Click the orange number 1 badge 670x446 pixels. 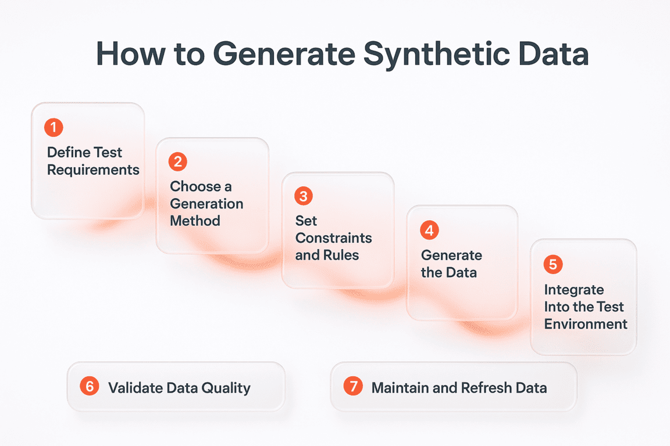coord(54,127)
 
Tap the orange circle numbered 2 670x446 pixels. coord(178,162)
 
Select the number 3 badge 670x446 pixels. coord(304,196)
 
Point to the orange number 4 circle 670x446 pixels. coord(429,231)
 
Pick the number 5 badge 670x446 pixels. coord(553,264)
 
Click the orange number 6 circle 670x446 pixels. coord(90,386)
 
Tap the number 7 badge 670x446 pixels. coord(354,386)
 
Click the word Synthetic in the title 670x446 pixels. coord(437,55)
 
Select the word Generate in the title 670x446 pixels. coord(284,54)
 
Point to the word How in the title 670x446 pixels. coord(131,54)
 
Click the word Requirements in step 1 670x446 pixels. coord(93,170)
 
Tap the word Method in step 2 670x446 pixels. coord(195,221)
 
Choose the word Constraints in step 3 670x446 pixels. coord(334,238)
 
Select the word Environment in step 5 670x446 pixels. coord(586,324)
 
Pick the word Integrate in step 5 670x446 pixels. coord(574,290)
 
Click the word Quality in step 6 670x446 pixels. coord(226,389)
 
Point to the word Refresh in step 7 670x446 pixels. coord(487,387)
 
